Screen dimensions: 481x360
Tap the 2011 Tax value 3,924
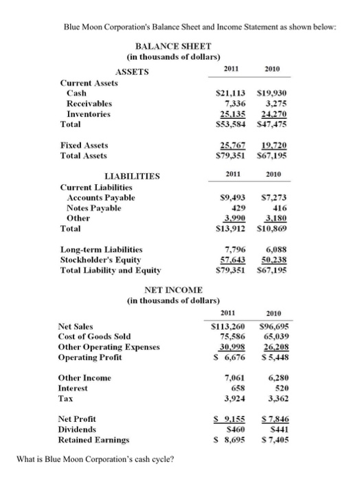click(236, 399)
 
